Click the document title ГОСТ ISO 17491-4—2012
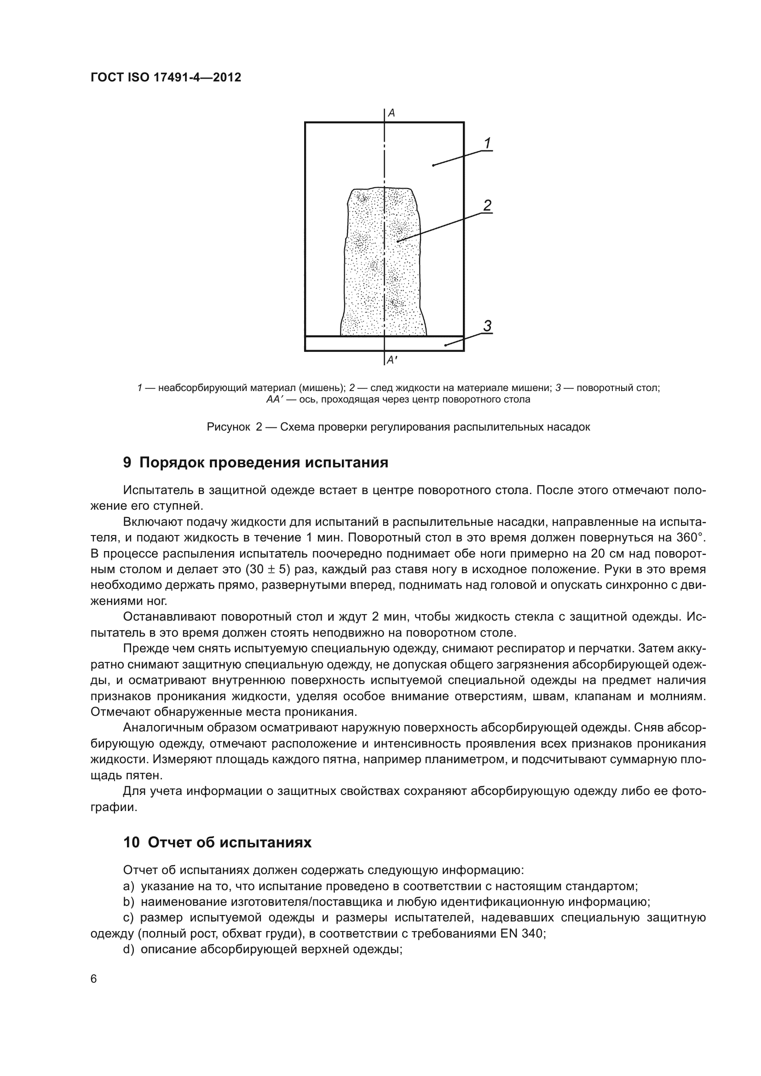point(166,77)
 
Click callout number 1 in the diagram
point(487,143)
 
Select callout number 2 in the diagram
point(487,205)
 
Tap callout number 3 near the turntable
point(487,326)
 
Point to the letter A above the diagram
point(391,113)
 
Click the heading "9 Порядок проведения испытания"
point(255,462)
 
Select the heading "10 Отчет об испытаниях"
point(217,843)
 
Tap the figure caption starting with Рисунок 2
point(398,427)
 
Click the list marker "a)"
point(129,886)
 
